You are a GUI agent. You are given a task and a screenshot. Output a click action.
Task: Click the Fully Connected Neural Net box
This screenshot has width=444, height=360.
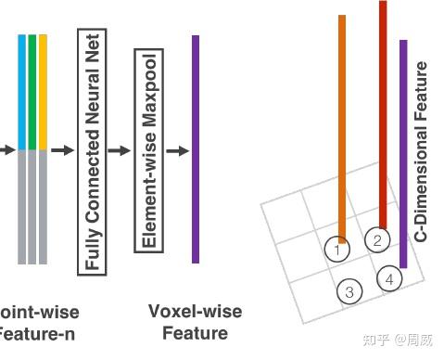91,149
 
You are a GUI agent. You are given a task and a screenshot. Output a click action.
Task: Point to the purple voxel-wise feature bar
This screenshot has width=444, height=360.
196,148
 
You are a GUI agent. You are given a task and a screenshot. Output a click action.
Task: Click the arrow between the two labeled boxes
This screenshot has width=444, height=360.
119,149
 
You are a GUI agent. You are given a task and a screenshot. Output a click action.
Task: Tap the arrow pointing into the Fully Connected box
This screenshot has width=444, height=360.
62,149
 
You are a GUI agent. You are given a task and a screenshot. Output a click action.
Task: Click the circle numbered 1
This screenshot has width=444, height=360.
338,249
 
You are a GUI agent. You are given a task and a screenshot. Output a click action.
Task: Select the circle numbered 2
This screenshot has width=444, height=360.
377,240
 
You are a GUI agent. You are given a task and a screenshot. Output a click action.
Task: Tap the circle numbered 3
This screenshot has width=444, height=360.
349,291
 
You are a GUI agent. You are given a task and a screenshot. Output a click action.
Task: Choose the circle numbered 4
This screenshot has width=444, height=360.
389,278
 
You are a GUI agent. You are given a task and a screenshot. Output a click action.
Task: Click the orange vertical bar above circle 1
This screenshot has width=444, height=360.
342,121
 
